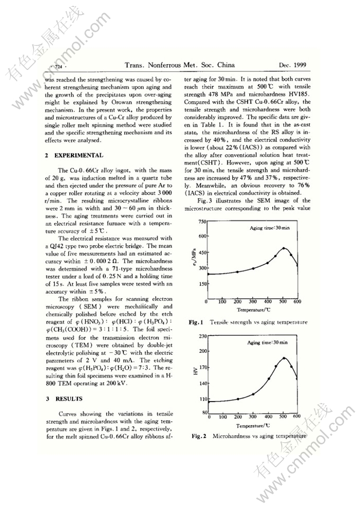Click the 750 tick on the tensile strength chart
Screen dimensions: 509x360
click(201, 221)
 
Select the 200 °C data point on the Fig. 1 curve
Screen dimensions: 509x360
click(238, 271)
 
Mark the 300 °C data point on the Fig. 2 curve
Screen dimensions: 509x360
click(253, 394)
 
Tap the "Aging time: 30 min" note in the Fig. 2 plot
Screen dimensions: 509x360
click(267, 343)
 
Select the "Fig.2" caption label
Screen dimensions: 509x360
click(199, 436)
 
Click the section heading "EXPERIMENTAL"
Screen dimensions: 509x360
click(78, 156)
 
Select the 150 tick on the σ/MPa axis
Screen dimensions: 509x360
click(201, 284)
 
